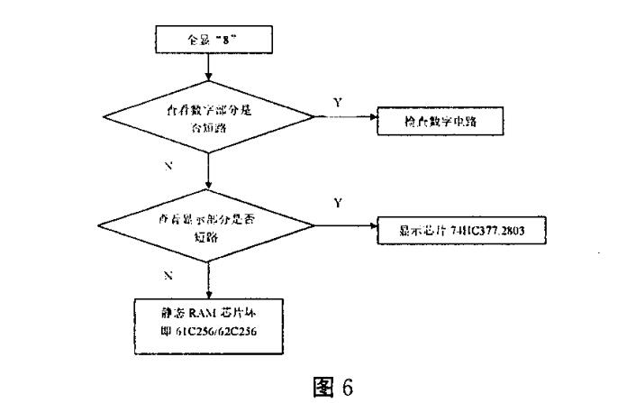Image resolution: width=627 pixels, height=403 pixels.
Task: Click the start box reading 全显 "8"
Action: click(x=208, y=41)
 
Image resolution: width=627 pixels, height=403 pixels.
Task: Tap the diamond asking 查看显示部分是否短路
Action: click(x=208, y=225)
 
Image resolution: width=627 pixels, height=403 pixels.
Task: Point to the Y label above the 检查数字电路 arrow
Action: click(x=338, y=103)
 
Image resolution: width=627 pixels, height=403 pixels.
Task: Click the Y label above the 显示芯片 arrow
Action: click(x=337, y=203)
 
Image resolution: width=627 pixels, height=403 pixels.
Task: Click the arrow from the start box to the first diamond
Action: click(x=208, y=66)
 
